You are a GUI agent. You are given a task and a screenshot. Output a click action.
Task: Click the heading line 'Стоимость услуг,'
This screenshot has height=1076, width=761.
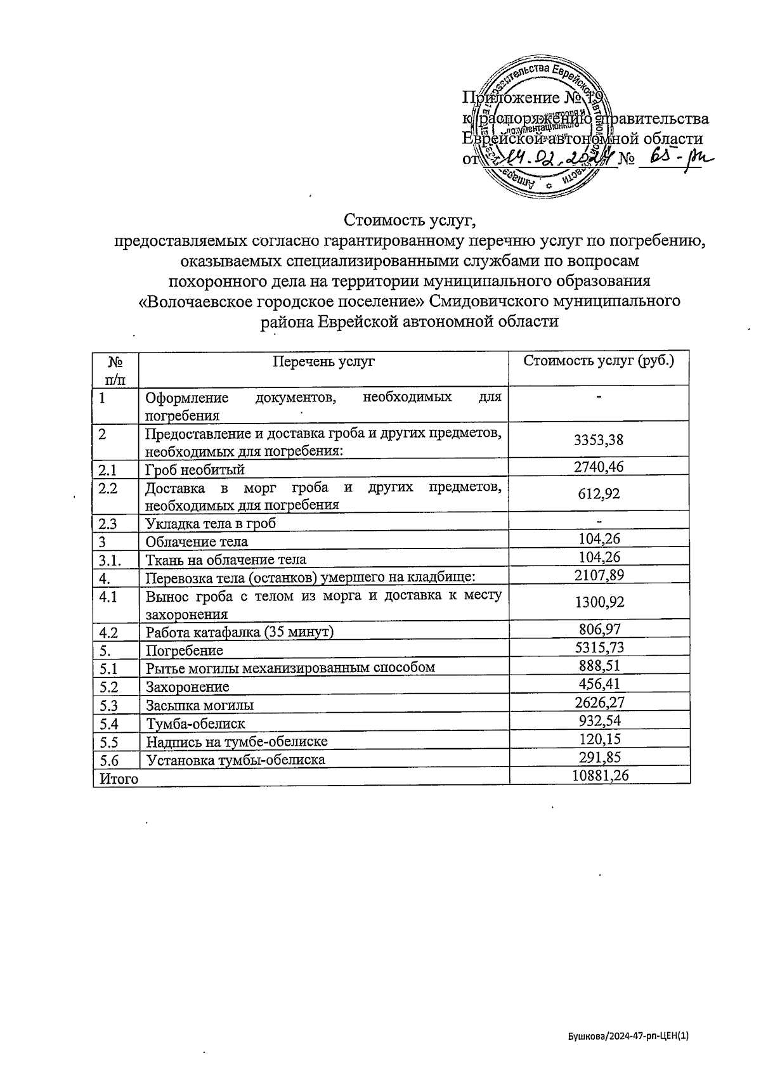410,220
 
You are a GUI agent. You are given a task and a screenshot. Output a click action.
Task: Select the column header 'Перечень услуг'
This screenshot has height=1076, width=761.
323,361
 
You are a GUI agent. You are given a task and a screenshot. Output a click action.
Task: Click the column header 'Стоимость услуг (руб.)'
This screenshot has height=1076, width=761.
599,361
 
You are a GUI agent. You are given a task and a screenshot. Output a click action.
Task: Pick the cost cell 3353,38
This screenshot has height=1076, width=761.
599,440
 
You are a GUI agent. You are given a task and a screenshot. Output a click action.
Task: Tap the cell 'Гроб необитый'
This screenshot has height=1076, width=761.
195,469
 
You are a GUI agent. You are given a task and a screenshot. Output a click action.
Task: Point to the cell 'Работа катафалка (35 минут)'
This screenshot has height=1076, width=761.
240,632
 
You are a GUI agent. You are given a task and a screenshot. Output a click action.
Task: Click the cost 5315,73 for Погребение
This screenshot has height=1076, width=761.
599,647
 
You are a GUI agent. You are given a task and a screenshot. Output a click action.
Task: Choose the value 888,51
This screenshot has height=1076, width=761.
599,665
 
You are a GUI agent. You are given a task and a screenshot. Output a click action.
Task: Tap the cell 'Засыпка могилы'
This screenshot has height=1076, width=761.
200,704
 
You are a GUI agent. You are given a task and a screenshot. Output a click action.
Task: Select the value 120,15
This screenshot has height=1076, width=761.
599,739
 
